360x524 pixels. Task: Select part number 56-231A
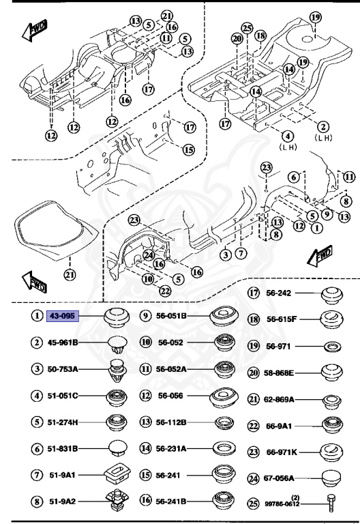coord(173,449)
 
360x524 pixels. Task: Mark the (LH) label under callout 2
coord(323,137)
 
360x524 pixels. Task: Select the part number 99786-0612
coord(282,504)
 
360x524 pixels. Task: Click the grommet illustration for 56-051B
coord(224,316)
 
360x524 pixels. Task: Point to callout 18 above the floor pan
coord(260,34)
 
